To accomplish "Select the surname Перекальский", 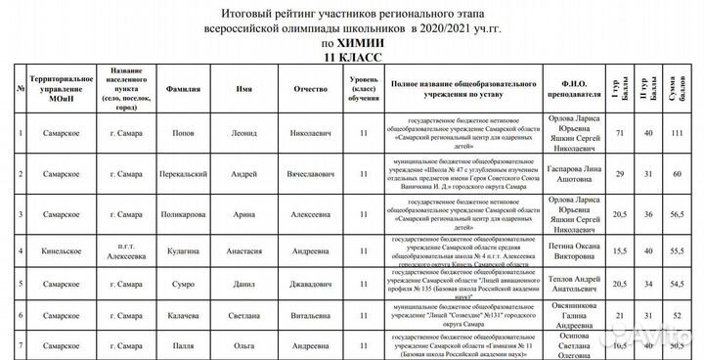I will click(x=183, y=173).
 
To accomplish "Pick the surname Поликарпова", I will click(x=183, y=211).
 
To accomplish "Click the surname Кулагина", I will click(x=183, y=250).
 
